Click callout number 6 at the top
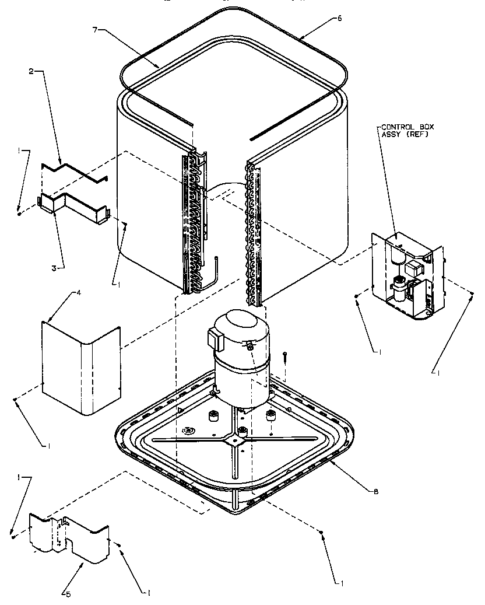point(340,18)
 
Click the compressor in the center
point(240,362)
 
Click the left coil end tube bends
point(194,222)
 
